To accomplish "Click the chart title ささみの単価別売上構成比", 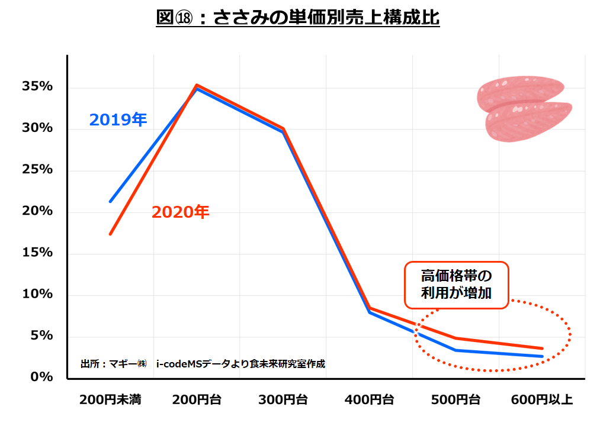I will (x=297, y=18).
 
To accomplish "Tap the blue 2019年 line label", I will (x=118, y=120).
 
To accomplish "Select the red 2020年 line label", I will (x=180, y=212).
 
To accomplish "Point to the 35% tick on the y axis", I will (x=37, y=87).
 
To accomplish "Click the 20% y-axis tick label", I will (x=37, y=211).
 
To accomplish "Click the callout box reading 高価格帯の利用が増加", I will (x=456, y=285).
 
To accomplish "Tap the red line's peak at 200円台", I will (x=197, y=85).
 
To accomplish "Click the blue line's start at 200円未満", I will (x=111, y=201).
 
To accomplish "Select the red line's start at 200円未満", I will (x=111, y=234).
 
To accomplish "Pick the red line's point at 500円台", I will (x=455, y=338).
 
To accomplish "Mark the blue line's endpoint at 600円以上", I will (x=541, y=356).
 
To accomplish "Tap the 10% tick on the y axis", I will (x=37, y=294).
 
